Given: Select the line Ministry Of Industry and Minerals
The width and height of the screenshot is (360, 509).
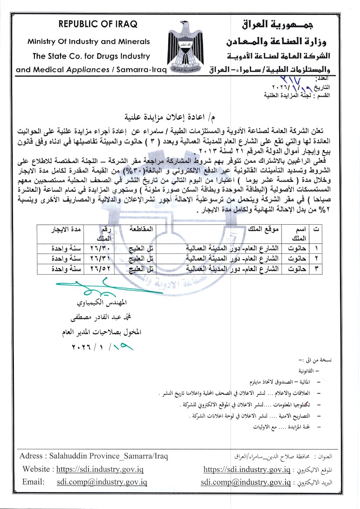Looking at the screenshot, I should click(88, 42).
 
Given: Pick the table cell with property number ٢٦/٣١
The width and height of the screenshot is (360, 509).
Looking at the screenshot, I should click(100, 259).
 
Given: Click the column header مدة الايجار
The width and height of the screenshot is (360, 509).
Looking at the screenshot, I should click(65, 229).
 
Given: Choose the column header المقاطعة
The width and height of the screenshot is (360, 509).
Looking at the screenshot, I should click(141, 229).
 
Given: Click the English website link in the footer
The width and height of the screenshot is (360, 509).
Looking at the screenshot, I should click(101, 469).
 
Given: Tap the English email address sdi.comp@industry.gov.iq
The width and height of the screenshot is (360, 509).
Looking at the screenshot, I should click(102, 482).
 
